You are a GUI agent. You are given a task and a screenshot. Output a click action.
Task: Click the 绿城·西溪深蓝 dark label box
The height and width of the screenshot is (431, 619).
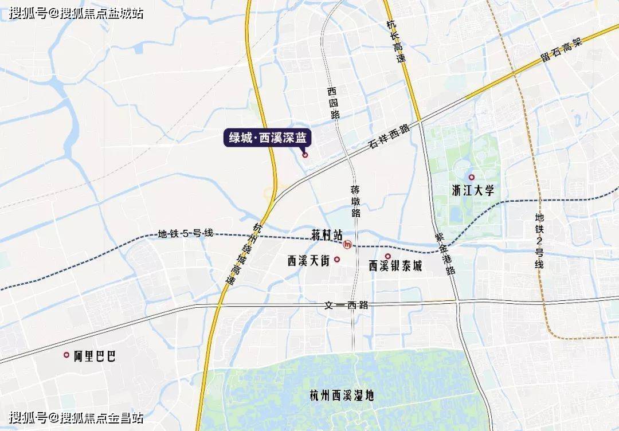pos(267,138)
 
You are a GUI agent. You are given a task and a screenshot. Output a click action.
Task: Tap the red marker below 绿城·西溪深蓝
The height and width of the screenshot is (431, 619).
pos(305,154)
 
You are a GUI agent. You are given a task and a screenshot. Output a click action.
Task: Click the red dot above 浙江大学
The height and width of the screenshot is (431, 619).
pos(472,178)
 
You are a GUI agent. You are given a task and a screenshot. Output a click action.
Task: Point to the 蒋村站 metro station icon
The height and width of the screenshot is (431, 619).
pos(347,245)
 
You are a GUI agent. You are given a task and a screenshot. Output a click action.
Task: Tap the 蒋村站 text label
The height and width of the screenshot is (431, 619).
pos(327,235)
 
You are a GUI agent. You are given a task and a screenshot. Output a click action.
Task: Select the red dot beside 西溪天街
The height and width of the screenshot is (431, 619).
pos(337,260)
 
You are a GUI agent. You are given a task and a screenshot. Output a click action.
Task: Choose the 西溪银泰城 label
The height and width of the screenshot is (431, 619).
pos(395,267)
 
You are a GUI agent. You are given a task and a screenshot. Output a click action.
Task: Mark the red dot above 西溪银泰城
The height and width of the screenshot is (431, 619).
pos(388,256)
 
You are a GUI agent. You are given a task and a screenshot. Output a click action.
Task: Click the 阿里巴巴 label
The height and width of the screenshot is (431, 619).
pos(95,356)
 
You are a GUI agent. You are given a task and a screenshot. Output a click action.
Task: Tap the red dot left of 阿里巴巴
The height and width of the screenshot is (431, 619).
pos(66,355)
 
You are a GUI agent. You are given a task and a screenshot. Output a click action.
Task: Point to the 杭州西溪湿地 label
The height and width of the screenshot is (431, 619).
pos(342,395)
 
